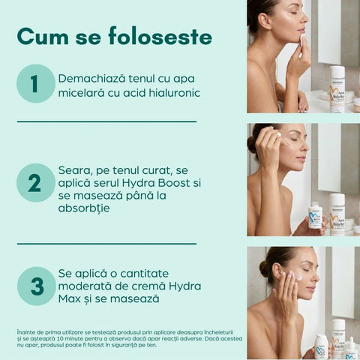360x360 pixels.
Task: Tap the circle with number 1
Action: (36, 83)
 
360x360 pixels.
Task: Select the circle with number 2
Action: (36, 182)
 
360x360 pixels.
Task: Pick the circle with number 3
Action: (36, 286)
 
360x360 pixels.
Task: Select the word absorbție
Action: (84, 208)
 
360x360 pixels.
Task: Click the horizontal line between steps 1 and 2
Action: (106, 121)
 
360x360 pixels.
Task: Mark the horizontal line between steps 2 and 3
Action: (106, 243)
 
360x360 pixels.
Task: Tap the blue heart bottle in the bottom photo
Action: (321, 347)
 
